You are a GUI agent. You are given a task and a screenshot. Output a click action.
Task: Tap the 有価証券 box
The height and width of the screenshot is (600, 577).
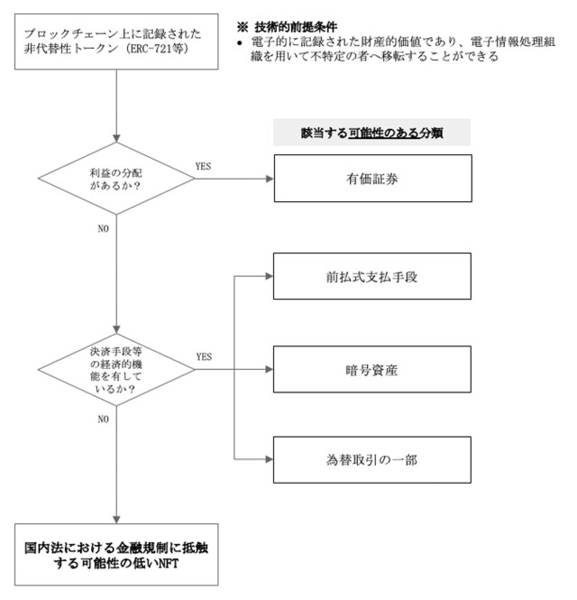372,179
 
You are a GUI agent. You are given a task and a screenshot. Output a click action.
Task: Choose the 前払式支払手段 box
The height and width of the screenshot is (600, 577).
372,276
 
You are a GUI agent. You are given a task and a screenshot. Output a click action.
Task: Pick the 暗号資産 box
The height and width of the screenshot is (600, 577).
372,368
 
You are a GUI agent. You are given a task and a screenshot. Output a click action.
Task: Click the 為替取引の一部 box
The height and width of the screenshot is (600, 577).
372,459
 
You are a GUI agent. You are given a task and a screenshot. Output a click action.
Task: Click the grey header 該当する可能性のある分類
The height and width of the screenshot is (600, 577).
372,133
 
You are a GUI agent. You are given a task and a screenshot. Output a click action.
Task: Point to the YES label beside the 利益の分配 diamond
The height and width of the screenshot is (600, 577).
204,167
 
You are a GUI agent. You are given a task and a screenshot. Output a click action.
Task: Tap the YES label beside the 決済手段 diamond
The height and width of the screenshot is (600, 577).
204,356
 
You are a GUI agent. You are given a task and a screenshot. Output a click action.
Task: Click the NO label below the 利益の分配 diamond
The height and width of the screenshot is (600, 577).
103,228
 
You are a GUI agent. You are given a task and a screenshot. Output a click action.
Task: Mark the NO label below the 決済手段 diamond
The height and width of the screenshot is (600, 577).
103,419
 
